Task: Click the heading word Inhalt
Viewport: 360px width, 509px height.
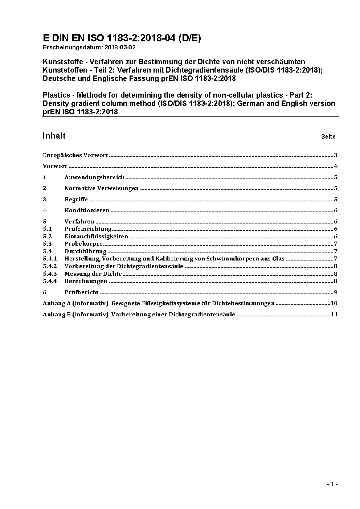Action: pyautogui.click(x=54, y=136)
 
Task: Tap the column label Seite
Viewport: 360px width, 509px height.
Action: pyautogui.click(x=328, y=137)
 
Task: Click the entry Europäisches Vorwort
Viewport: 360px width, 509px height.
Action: pyautogui.click(x=75, y=155)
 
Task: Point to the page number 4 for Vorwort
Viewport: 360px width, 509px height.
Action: pyautogui.click(x=336, y=167)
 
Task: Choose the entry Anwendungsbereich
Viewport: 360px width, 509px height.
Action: pyautogui.click(x=94, y=177)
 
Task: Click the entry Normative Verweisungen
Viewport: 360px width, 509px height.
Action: pyautogui.click(x=102, y=188)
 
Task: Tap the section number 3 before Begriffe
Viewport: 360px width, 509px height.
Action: pyautogui.click(x=45, y=200)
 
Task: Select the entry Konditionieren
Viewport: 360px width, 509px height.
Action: pyautogui.click(x=87, y=210)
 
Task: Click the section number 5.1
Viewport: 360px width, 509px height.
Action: pyautogui.click(x=47, y=229)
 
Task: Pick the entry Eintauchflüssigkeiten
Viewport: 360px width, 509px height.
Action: pyautogui.click(x=96, y=237)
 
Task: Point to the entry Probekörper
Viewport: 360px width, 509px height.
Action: pyautogui.click(x=83, y=244)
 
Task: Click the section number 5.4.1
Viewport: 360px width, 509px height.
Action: pyautogui.click(x=50, y=259)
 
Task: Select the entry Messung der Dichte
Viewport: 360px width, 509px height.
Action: pyautogui.click(x=93, y=274)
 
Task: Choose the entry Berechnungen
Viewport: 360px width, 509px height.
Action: pyautogui.click(x=86, y=281)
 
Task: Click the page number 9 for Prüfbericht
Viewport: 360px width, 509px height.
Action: pyautogui.click(x=336, y=292)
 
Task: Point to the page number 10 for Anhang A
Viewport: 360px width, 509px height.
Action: pyautogui.click(x=334, y=303)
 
